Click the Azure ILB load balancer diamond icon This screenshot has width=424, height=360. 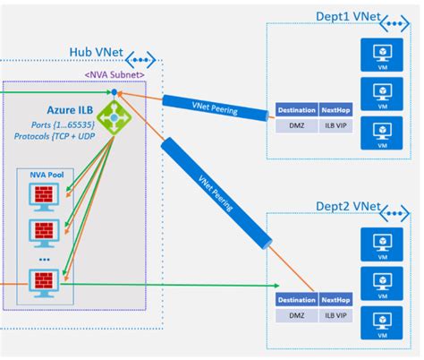pyautogui.click(x=115, y=115)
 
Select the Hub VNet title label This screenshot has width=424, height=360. pyautogui.click(x=96, y=55)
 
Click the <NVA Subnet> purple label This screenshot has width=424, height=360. pyautogui.click(x=114, y=73)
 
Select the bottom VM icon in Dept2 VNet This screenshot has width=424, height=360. pyautogui.click(x=382, y=328)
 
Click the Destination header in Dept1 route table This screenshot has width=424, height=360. pyautogui.click(x=297, y=110)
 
